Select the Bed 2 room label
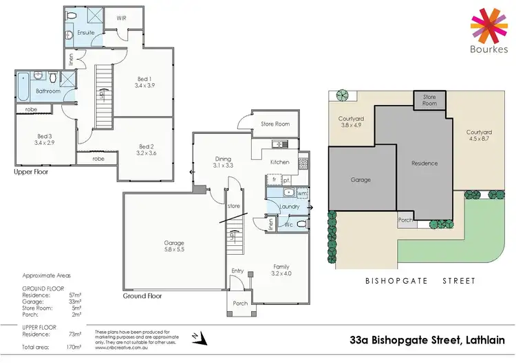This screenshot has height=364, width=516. coord(146,150)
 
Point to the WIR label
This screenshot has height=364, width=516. coord(122,19)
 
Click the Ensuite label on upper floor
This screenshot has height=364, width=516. coord(85,32)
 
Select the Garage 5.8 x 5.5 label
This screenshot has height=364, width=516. coord(173,247)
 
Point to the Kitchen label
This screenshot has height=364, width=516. coord(279,163)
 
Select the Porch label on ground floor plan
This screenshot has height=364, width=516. coord(241,303)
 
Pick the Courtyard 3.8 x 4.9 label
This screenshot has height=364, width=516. coord(350,122)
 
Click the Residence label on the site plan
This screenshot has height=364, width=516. coord(424,163)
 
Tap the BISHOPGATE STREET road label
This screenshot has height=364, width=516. coord(422,281)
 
